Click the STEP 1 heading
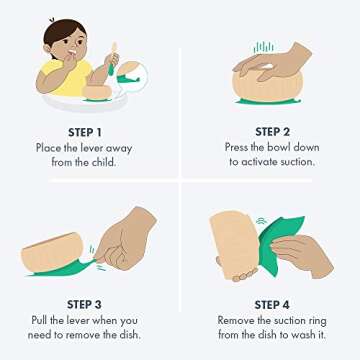coord(85,132)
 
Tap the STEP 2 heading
coord(272,132)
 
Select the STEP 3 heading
coord(84,304)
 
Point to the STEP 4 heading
coord(272,305)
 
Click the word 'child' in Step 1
coord(103,163)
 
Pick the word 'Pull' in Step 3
coord(38,320)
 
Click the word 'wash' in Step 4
coord(301,335)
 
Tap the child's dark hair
coord(63,33)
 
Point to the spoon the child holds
coord(113,58)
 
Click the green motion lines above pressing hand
coord(263,48)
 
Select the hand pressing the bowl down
coord(273,62)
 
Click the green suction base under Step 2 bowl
coord(268,102)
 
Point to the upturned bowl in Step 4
coord(235,245)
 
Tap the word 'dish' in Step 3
coord(129,334)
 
